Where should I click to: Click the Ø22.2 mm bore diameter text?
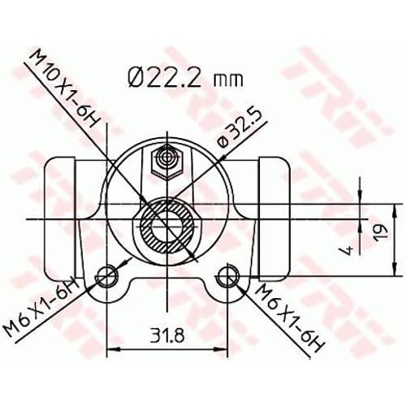(x=186, y=77)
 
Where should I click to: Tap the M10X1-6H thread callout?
(x=63, y=89)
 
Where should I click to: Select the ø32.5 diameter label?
(x=240, y=129)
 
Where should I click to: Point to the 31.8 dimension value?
(x=167, y=335)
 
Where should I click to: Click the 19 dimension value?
(x=380, y=233)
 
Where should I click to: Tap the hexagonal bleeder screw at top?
(x=167, y=162)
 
